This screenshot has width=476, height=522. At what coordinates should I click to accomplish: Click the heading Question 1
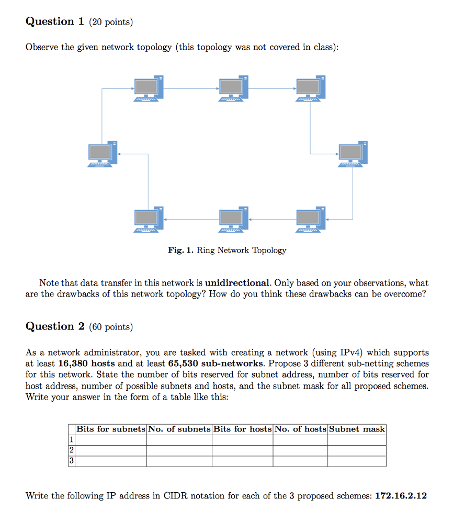pos(54,21)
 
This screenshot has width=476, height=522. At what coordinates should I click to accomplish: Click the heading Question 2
pos(54,326)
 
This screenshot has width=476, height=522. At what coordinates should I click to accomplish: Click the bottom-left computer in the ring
pos(148,219)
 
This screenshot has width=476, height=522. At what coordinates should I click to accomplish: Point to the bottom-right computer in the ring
pos(311,219)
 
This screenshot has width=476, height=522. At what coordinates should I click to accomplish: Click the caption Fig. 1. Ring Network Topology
pos(227,250)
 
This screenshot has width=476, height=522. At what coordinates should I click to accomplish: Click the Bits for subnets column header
pos(111,429)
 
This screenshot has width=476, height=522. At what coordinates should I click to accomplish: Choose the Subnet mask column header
pos(357,429)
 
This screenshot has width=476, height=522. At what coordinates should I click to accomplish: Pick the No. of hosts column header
pos(300,429)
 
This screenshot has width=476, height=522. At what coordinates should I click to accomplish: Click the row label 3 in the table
pos(72,461)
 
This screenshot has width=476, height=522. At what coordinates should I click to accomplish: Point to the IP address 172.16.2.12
pos(401,495)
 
